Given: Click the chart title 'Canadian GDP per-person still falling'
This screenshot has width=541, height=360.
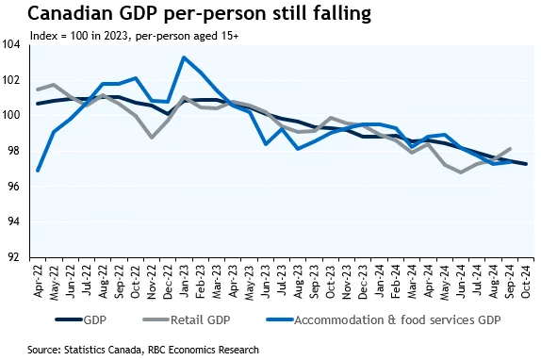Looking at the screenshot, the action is [200, 14].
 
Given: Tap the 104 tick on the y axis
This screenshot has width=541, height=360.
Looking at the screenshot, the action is [10, 44].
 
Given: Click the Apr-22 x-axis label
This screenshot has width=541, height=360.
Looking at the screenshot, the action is [38, 281].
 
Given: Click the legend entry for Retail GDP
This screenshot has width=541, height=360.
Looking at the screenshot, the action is [187, 320].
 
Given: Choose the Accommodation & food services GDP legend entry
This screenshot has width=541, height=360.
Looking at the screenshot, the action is [384, 320].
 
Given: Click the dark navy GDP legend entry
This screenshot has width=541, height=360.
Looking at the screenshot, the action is [81, 320].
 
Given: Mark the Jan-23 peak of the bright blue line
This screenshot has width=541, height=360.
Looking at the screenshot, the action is [184, 57].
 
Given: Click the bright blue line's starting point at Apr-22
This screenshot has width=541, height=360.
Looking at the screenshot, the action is [38, 171].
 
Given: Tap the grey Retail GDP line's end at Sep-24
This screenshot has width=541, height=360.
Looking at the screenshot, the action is [509, 149].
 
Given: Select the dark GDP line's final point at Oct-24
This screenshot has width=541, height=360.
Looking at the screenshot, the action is [526, 164].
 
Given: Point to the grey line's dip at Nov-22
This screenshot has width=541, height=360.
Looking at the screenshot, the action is [151, 138].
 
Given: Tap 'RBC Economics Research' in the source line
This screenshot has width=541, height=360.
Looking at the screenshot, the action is [204, 350].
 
